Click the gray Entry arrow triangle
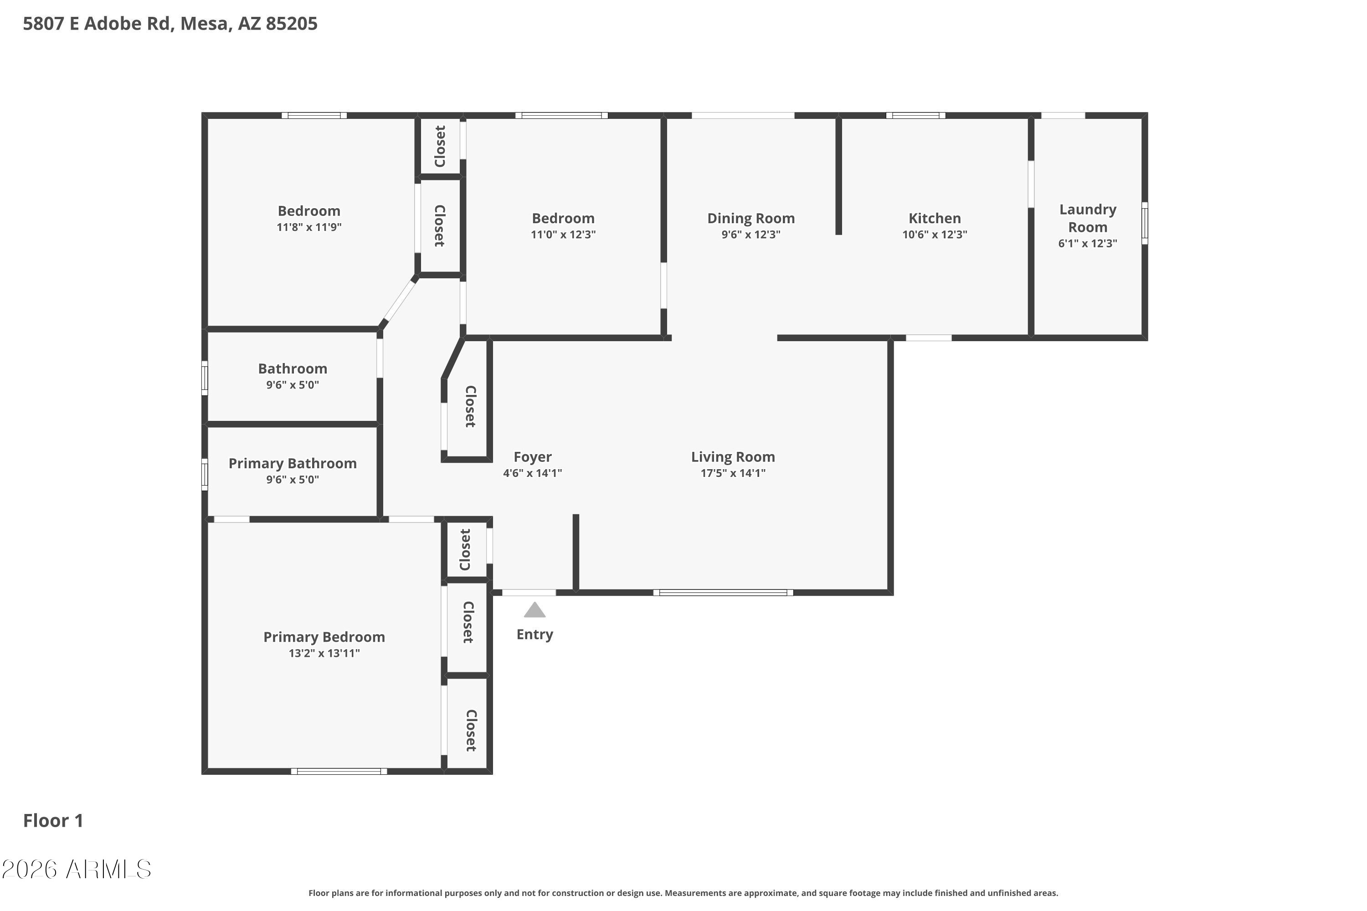point(534,610)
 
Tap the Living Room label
point(733,457)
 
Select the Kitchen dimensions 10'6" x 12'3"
point(935,235)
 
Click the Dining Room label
point(751,219)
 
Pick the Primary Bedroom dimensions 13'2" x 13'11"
point(324,653)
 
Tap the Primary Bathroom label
point(293,464)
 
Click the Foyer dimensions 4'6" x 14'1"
point(532,473)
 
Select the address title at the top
point(170,24)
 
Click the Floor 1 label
point(53,820)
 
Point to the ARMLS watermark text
point(77,869)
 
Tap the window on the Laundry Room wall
point(1144,223)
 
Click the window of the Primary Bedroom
point(339,771)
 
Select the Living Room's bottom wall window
point(723,593)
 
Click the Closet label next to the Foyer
point(471,407)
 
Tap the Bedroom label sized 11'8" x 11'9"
point(308,211)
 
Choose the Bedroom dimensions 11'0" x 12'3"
point(563,235)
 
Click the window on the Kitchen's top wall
point(915,115)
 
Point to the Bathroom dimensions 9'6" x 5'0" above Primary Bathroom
point(293,384)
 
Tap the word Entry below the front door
point(534,635)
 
